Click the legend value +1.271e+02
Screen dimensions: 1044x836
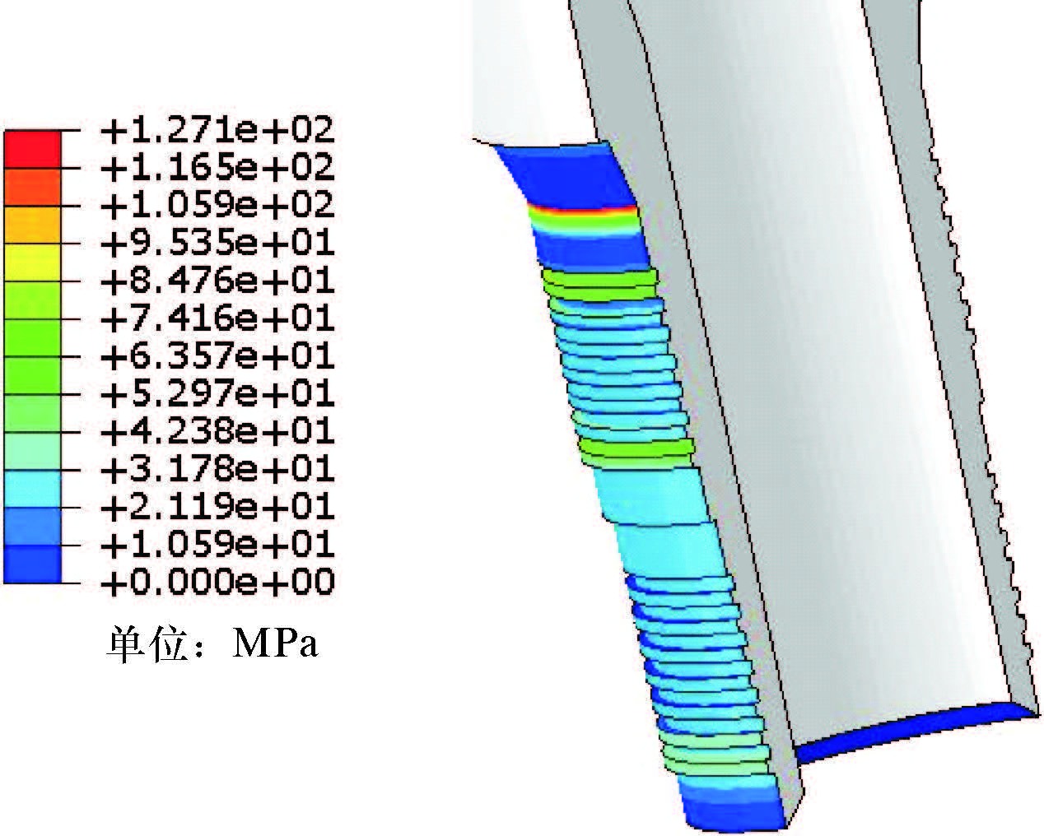pyautogui.click(x=217, y=130)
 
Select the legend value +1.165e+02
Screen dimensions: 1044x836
pyautogui.click(x=217, y=168)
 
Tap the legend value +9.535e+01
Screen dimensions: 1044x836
pyautogui.click(x=217, y=244)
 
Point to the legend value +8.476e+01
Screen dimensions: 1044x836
pyautogui.click(x=217, y=281)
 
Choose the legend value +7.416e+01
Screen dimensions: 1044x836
pyautogui.click(x=217, y=319)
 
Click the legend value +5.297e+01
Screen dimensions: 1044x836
pyautogui.click(x=217, y=394)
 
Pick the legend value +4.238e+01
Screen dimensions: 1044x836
pyautogui.click(x=217, y=432)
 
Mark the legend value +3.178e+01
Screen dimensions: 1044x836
pyautogui.click(x=217, y=470)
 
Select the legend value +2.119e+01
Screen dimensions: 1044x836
pyautogui.click(x=217, y=508)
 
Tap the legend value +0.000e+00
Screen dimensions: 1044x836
pyautogui.click(x=217, y=583)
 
